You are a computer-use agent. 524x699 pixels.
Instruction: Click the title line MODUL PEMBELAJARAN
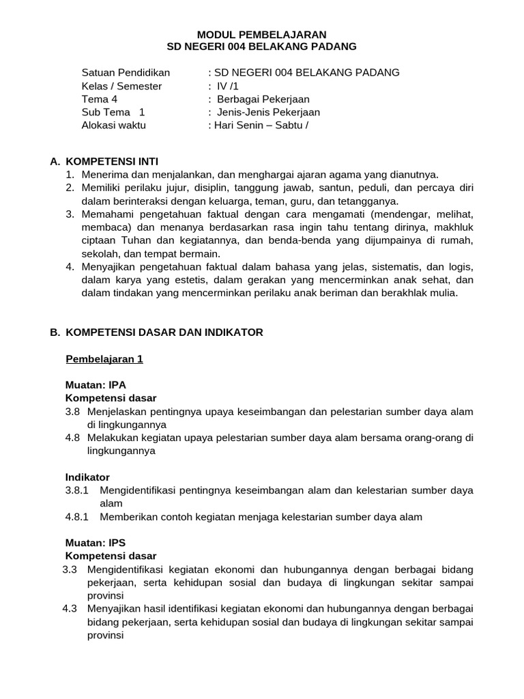coord(261,34)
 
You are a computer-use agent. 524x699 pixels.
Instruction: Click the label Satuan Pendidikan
coord(126,72)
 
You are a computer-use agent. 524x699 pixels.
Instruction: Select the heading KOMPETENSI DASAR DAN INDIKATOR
coord(164,332)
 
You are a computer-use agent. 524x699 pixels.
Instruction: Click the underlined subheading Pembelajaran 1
coord(104,358)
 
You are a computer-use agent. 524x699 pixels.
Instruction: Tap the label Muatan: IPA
coord(96,385)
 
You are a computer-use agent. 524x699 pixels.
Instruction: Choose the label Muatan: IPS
coord(96,543)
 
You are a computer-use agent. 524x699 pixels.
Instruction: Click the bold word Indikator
coord(87,477)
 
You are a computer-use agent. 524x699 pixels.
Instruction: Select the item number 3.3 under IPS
coord(70,569)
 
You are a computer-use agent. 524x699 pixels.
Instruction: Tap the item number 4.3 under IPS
coord(70,608)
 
